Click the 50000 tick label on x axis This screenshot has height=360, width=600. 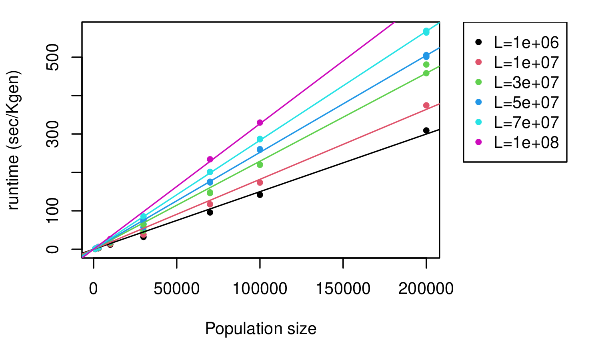(177, 289)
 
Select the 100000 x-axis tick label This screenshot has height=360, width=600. (260, 289)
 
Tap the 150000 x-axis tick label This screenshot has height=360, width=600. (343, 289)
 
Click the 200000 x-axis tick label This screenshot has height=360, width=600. (426, 289)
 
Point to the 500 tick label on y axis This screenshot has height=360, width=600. (53, 57)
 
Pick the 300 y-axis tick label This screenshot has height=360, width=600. (53, 134)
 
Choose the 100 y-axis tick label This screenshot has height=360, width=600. (53, 211)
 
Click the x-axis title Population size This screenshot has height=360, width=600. (261, 329)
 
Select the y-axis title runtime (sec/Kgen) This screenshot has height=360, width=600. (14, 140)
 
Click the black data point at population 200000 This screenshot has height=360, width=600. (426, 130)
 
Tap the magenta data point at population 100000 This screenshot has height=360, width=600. (260, 122)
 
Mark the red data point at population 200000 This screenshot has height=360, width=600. (426, 105)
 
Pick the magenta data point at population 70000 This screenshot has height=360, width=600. (210, 159)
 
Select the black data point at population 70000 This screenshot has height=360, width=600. (210, 212)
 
